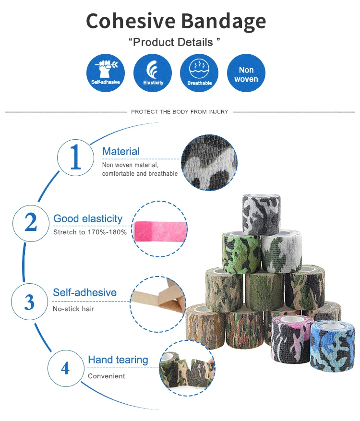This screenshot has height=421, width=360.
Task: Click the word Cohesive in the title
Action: tap(131, 22)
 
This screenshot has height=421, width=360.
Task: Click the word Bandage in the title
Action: tap(223, 22)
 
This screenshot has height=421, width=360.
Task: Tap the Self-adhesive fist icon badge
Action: tap(106, 73)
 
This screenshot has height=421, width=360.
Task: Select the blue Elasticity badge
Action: tap(153, 73)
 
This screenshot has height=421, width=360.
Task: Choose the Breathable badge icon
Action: tap(199, 73)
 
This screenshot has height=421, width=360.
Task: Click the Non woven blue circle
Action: tap(246, 73)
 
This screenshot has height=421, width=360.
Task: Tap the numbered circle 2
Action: tap(31, 223)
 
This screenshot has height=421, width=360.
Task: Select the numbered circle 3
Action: tap(30, 302)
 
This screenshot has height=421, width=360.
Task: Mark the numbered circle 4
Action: tap(65, 369)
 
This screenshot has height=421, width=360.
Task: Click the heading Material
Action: tap(121, 152)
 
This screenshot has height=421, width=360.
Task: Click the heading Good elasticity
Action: tap(88, 219)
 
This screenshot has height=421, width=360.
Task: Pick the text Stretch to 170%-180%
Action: tap(90, 232)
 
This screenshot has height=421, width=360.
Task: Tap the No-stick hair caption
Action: tap(73, 309)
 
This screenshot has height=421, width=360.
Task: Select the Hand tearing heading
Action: tap(118, 360)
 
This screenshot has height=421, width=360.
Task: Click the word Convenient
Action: tap(107, 376)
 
